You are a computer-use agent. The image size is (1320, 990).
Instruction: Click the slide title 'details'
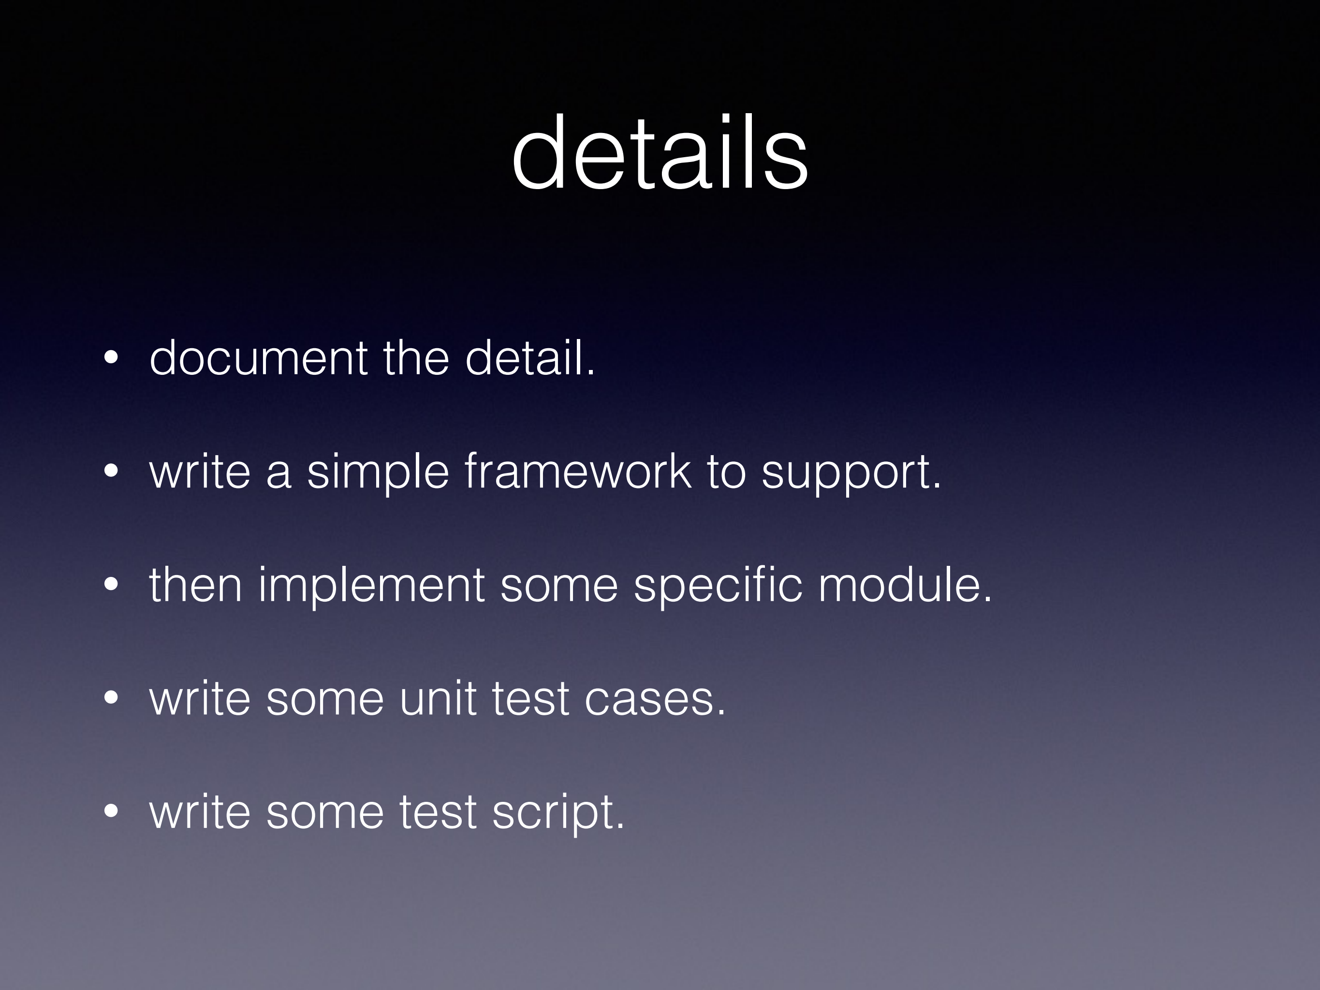[660, 153]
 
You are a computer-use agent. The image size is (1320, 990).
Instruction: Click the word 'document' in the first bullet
[258, 358]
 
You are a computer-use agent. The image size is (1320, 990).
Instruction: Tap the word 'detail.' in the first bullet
[530, 358]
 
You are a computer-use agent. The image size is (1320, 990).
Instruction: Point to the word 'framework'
[578, 472]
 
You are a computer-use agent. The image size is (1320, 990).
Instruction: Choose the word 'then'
[196, 585]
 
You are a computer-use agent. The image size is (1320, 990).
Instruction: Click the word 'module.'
[905, 585]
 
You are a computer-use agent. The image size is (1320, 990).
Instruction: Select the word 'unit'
[438, 698]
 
